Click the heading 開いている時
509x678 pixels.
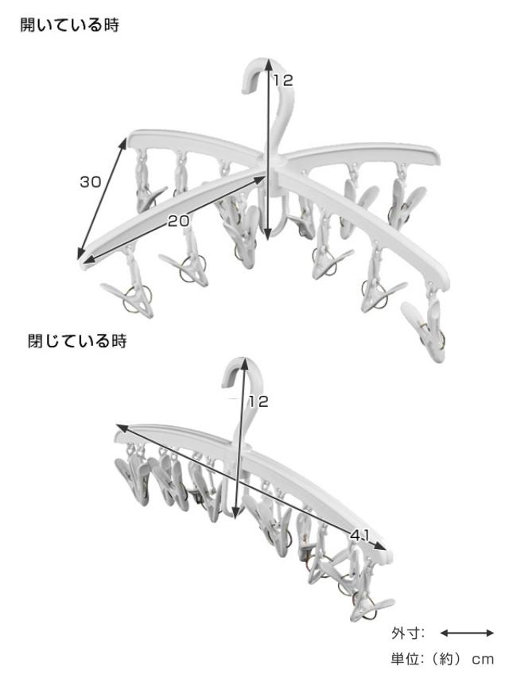(x=70, y=25)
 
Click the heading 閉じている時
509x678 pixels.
(x=77, y=341)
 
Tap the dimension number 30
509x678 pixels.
(x=91, y=182)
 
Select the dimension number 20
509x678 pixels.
(x=178, y=221)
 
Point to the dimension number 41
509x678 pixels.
(x=360, y=536)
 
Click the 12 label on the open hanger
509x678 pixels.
(x=283, y=80)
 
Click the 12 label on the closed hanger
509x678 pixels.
(x=258, y=401)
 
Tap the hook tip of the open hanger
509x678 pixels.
(x=247, y=89)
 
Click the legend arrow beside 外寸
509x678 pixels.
(x=467, y=633)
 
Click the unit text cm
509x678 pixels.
(x=483, y=660)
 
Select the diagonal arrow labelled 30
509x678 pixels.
(x=102, y=199)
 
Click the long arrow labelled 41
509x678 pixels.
(x=251, y=487)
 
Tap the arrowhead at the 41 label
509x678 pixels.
(x=379, y=547)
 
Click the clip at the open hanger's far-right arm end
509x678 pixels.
(x=426, y=325)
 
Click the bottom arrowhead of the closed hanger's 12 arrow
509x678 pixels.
(x=235, y=513)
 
